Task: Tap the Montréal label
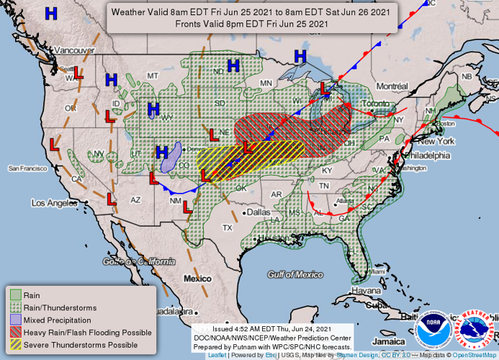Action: pyautogui.click(x=392, y=86)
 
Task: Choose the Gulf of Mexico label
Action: pyautogui.click(x=295, y=274)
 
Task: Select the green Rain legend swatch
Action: pyautogui.click(x=15, y=294)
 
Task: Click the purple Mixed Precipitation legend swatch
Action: pyautogui.click(x=15, y=320)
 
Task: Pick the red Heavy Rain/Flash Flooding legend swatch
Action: pyautogui.click(x=15, y=332)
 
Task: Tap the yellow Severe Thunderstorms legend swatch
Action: pyautogui.click(x=15, y=345)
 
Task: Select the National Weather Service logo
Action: pyautogui.click(x=476, y=330)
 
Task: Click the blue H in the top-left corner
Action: pyautogui.click(x=52, y=13)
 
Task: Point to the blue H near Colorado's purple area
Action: pyautogui.click(x=162, y=152)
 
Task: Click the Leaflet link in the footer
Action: pyautogui.click(x=217, y=355)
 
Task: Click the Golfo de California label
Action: pyautogui.click(x=139, y=262)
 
